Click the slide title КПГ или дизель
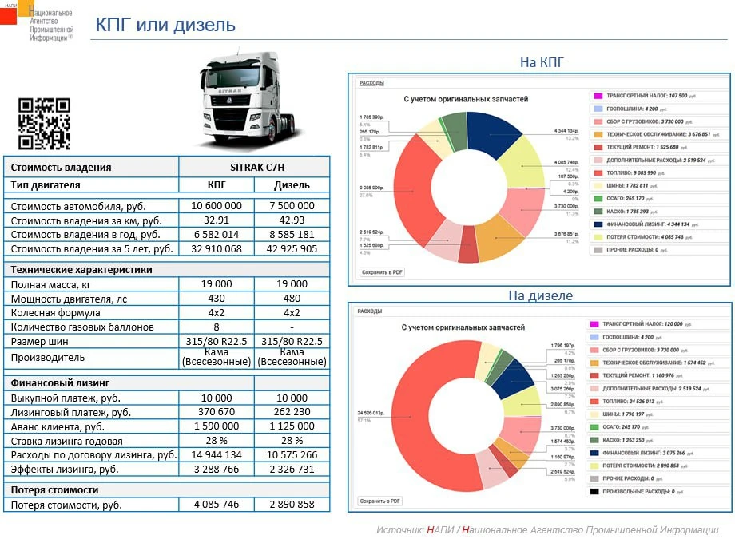(165, 25)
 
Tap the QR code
(44, 124)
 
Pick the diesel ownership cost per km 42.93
(292, 220)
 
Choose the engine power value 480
(292, 299)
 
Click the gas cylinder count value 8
(216, 327)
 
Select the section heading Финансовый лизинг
(60, 383)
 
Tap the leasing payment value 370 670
(216, 412)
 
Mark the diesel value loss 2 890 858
(292, 505)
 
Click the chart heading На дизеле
(540, 295)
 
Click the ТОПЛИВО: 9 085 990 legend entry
(642, 172)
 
